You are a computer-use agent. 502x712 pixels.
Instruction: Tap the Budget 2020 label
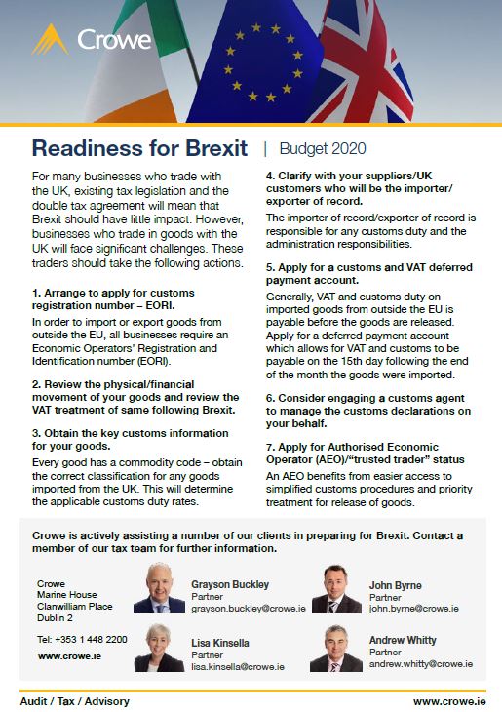click(x=323, y=149)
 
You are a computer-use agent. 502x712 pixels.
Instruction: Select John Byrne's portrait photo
click(x=336, y=589)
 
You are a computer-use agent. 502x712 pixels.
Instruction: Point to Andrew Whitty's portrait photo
click(x=336, y=648)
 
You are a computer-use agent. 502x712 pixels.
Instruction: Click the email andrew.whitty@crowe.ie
click(x=421, y=664)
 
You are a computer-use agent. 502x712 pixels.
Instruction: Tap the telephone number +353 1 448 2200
click(x=82, y=639)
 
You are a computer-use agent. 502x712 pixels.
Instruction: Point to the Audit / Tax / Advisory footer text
click(x=74, y=700)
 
